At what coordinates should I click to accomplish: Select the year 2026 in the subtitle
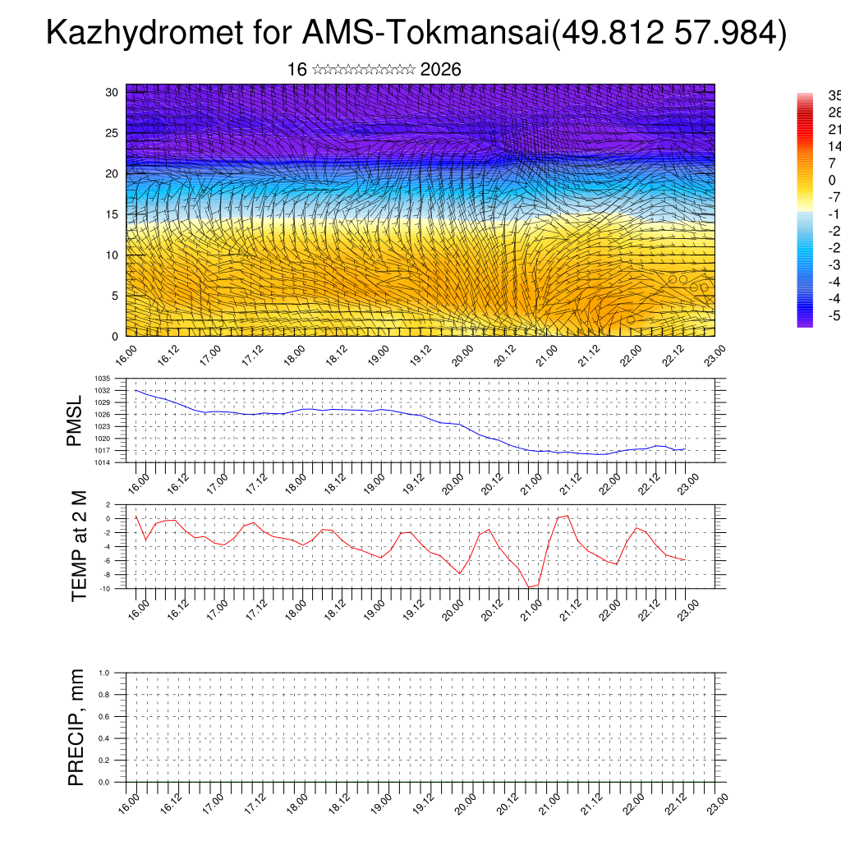(x=440, y=70)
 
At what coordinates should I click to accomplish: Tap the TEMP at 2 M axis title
(x=79, y=545)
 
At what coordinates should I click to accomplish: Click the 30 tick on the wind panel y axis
(x=113, y=92)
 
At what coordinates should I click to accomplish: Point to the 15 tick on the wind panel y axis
(x=113, y=214)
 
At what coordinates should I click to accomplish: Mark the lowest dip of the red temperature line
(x=529, y=587)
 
